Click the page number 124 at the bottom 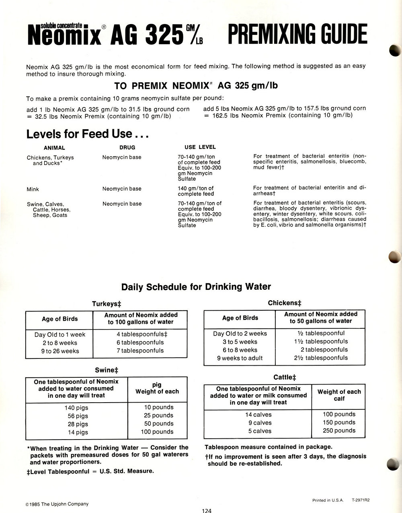[x=207, y=511]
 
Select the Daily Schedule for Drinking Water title [x=196, y=287]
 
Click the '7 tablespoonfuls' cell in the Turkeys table [x=140, y=350]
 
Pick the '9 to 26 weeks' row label [x=60, y=351]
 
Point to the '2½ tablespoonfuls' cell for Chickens [x=321, y=358]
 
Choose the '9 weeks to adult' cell [x=240, y=358]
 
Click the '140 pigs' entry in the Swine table [x=76, y=408]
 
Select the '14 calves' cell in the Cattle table [x=258, y=415]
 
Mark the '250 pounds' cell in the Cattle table [x=339, y=430]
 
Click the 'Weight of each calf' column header [x=339, y=395]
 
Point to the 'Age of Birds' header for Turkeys [x=60, y=319]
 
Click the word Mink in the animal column [x=33, y=189]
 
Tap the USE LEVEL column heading [x=200, y=147]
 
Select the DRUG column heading [x=127, y=147]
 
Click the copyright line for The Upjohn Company [x=57, y=504]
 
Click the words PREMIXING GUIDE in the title [x=297, y=35]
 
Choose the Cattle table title [x=285, y=377]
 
